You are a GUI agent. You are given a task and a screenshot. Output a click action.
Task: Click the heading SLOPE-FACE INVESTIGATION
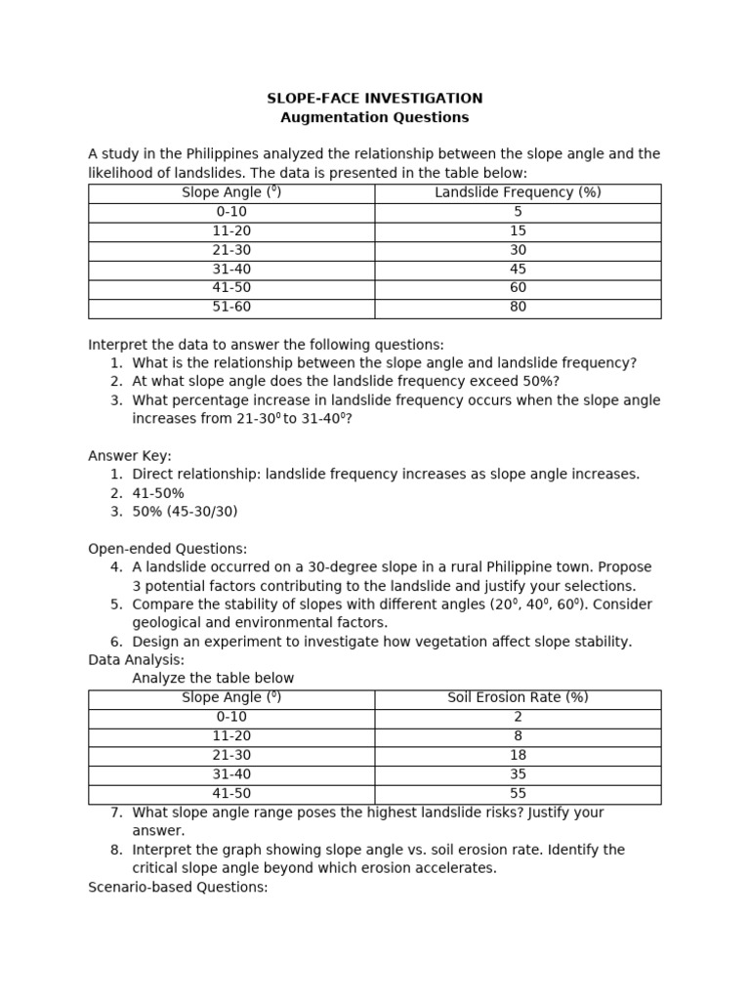375,99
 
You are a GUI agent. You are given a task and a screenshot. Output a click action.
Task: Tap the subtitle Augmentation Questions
375,117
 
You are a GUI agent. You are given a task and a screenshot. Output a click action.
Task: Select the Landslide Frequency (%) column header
518,192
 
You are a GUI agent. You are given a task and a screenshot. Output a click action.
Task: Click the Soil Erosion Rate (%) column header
518,697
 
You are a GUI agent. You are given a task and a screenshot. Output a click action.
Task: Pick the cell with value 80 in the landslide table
518,307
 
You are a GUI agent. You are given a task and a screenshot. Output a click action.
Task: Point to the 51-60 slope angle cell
231,307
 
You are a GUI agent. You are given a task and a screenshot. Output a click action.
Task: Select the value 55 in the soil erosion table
518,793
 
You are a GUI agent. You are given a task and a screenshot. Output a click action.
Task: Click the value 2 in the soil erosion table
518,717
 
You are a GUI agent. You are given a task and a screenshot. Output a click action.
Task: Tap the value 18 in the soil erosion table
518,755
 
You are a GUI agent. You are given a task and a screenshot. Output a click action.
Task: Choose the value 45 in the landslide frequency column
518,269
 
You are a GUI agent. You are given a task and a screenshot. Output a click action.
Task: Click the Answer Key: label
130,456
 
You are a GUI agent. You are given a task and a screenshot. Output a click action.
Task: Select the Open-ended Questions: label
167,549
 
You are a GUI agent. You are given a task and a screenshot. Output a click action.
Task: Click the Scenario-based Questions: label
178,887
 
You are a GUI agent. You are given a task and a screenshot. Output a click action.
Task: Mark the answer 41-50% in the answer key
158,493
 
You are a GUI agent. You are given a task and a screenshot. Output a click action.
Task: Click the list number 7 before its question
115,812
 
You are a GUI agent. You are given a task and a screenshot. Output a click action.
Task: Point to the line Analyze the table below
213,679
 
